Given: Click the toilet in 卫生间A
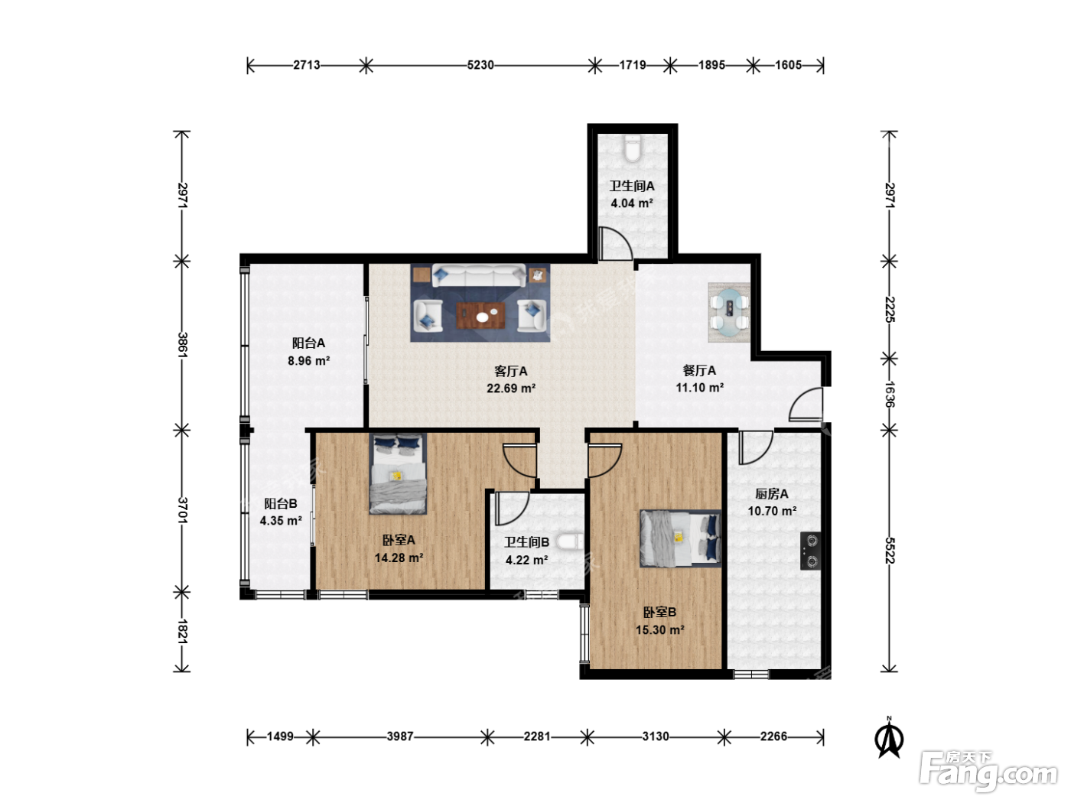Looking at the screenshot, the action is pos(633,148).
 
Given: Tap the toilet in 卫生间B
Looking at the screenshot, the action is pos(570,541).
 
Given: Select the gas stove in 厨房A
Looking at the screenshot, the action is pos(810,551).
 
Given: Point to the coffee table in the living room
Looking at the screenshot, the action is pos(480,315).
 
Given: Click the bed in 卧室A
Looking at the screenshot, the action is pos(398,473).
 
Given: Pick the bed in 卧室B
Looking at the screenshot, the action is pos(681,538).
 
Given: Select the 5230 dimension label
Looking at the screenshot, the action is pos(480,65).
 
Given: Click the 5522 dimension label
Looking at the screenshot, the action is pos(890,551).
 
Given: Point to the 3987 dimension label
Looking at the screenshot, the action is pos(400,736).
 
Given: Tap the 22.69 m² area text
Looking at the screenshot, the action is pos(511,388).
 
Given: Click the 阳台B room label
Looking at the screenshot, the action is pos(281,503).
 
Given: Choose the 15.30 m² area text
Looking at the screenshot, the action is pos(659,630).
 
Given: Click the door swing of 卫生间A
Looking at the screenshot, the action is pos(616,242).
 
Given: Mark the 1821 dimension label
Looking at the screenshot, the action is pos(182,632).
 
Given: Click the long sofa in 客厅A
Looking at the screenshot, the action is pos(479,276).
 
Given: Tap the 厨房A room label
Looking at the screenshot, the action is pos(772,494).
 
